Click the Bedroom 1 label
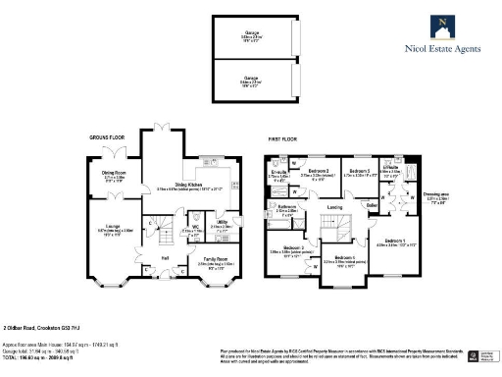click(396, 241)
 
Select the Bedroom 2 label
click(318, 171)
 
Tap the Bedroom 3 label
click(359, 171)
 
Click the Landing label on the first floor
click(333, 207)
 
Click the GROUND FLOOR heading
click(108, 139)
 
